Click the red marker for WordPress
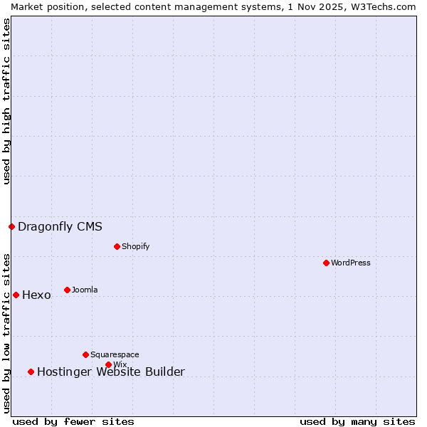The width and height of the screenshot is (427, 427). (x=326, y=263)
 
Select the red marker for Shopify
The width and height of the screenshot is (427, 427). (x=117, y=246)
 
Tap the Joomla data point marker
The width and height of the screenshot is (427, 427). (x=67, y=290)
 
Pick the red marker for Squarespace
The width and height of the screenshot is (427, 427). (x=85, y=354)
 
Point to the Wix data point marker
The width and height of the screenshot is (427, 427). (x=108, y=364)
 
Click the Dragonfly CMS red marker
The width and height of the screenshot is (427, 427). (x=11, y=226)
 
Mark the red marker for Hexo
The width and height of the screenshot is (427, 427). (x=16, y=295)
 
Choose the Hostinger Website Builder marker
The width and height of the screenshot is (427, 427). (x=31, y=371)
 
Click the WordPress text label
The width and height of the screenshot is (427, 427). (x=351, y=263)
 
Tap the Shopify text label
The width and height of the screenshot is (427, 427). (x=135, y=246)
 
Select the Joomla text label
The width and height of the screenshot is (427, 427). (x=85, y=290)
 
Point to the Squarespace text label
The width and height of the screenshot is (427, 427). (x=115, y=354)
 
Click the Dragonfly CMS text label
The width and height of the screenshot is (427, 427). (x=60, y=227)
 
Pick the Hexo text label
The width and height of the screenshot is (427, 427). (x=36, y=295)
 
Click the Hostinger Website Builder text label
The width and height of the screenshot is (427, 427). (x=110, y=371)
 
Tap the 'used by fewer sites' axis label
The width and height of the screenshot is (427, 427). (x=73, y=421)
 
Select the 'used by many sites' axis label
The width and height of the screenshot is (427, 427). (x=357, y=421)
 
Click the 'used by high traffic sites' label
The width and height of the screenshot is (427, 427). (x=6, y=101)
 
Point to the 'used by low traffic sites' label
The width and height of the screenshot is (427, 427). (x=6, y=333)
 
